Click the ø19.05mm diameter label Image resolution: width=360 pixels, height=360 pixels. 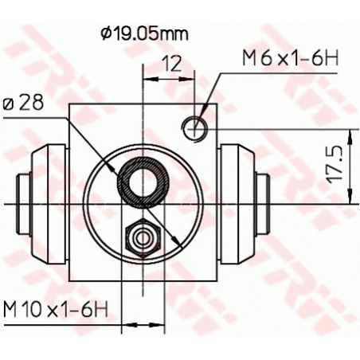tap(144, 33)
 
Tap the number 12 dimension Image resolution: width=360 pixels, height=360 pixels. tap(172, 64)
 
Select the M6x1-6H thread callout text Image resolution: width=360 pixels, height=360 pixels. tap(291, 58)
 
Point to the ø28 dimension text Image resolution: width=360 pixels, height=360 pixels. tap(23, 103)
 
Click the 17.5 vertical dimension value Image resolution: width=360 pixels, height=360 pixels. tap(334, 166)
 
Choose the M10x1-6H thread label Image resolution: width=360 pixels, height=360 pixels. tap(56, 309)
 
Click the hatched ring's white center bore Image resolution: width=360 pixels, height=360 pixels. tap(142, 181)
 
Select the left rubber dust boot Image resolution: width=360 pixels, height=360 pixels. tap(49, 205)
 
